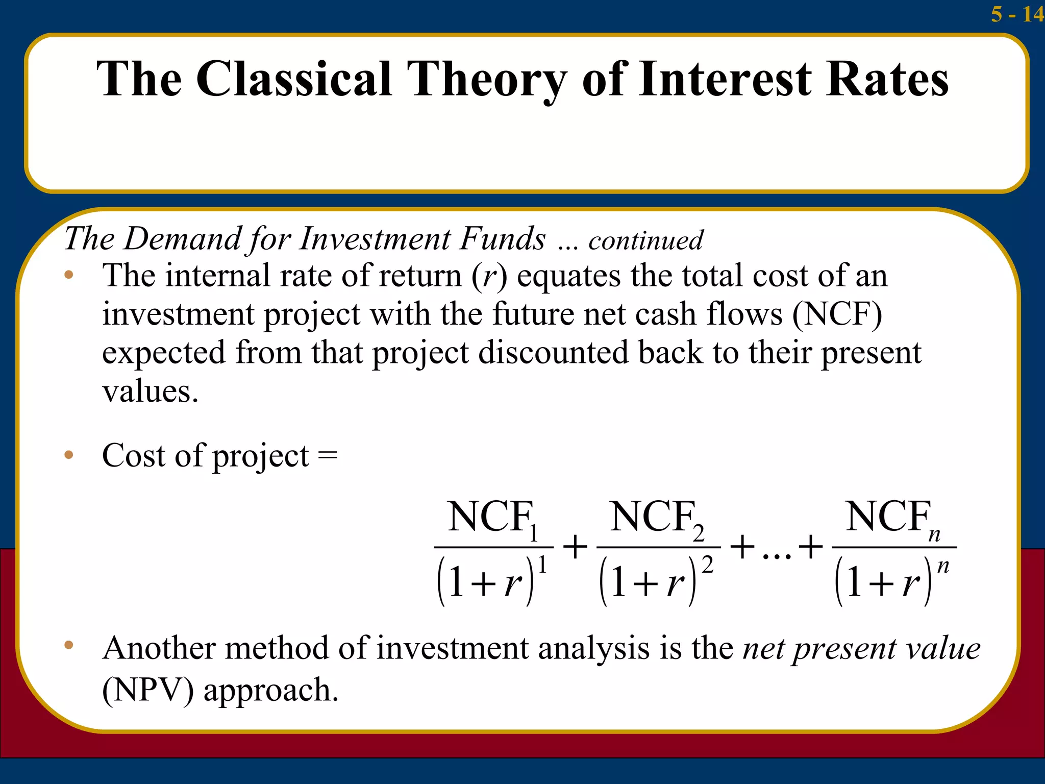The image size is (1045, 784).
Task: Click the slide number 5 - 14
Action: (x=1017, y=14)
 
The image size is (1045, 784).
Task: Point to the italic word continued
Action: (x=645, y=240)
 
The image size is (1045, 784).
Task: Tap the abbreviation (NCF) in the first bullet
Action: (x=837, y=314)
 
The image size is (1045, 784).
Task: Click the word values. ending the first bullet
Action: (x=150, y=392)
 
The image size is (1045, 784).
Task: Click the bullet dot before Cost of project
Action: (x=69, y=454)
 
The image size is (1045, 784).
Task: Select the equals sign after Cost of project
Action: (x=327, y=455)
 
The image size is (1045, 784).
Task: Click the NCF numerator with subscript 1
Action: (x=493, y=518)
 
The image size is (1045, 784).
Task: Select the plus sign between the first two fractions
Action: (x=575, y=547)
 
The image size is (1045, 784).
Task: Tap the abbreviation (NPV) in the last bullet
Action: (x=148, y=690)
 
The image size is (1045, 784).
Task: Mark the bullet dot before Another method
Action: (x=69, y=645)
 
